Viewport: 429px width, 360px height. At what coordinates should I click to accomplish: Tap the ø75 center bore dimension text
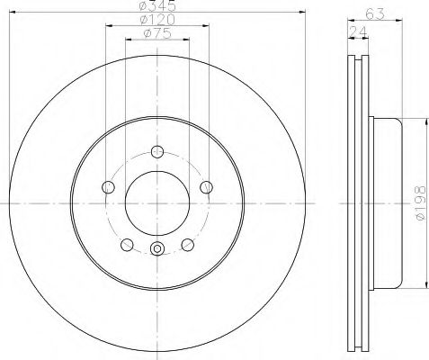[156, 35]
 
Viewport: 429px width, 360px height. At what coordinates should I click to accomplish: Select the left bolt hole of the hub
[108, 186]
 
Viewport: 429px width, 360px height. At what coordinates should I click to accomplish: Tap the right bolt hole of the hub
[206, 186]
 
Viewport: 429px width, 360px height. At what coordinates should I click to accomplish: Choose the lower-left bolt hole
[126, 244]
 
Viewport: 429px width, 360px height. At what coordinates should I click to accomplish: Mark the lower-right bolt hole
[187, 244]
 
